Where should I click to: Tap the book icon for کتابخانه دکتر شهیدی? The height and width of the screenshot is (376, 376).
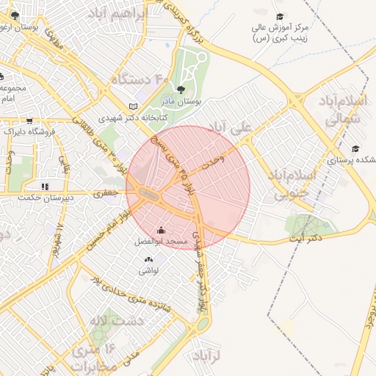pos(133,106)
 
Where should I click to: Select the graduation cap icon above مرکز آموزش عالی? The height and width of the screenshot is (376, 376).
pos(279,17)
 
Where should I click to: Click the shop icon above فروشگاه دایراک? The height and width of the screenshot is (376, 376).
pos(29,122)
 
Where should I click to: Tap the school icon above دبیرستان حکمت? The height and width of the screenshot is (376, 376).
pos(44,187)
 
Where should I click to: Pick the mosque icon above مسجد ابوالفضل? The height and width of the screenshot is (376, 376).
pos(162,231)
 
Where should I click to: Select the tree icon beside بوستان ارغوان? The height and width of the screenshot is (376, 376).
pos(15,15)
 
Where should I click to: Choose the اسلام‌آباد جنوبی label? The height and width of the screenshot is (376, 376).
pos(293,184)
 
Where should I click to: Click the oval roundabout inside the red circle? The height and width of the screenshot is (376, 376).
pos(148,195)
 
